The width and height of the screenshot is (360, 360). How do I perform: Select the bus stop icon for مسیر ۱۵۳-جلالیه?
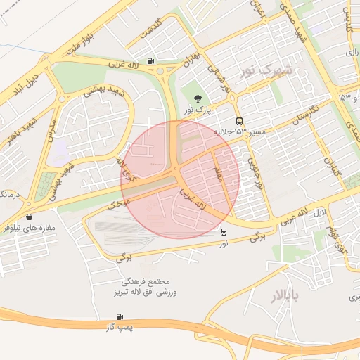(240, 121)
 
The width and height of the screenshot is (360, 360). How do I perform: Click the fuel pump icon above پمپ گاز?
(120, 317)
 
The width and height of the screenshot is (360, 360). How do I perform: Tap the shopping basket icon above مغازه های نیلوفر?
(29, 217)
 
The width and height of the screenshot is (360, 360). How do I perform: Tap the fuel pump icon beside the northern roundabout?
(152, 60)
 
